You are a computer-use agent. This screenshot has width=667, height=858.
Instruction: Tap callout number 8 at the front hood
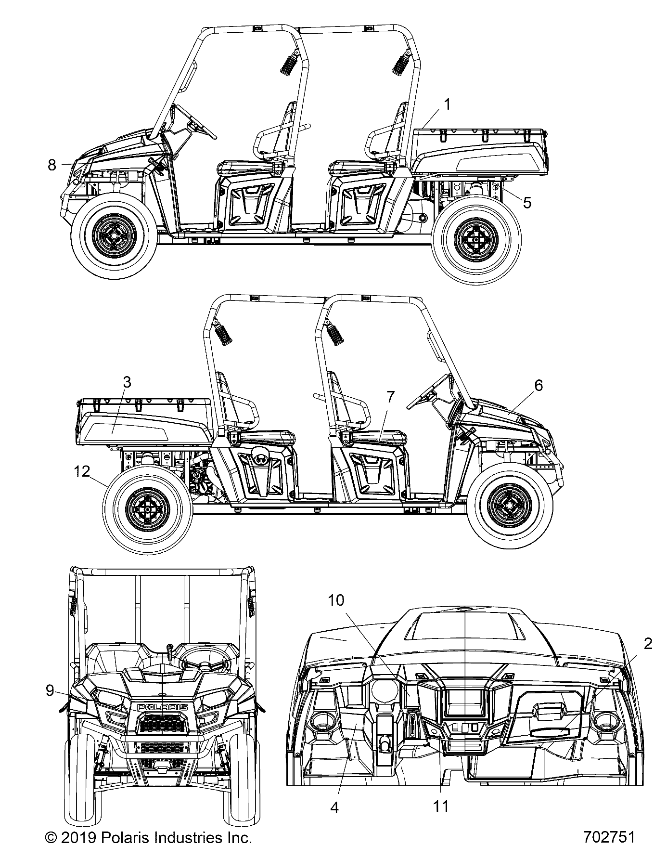(x=52, y=165)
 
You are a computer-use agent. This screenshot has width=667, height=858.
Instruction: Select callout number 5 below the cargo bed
(x=527, y=203)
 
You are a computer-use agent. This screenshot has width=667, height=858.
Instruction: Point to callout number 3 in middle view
(x=127, y=382)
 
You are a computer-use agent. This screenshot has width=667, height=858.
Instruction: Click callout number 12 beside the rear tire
(x=82, y=471)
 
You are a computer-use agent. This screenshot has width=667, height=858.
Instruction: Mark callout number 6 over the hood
(x=538, y=385)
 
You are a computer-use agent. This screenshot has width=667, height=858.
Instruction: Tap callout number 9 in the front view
(x=50, y=690)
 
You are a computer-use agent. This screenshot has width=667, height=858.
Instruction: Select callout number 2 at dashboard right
(x=648, y=643)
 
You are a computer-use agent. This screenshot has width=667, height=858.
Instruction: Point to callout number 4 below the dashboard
(x=334, y=806)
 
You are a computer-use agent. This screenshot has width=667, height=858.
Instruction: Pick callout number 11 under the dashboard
(x=441, y=806)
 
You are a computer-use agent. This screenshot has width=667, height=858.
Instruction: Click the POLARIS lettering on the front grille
(x=163, y=706)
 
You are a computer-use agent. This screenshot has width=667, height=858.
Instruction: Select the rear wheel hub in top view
(x=475, y=239)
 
